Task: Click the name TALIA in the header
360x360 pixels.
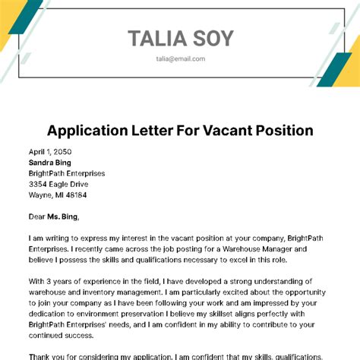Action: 156,38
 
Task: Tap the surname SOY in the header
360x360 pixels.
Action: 211,38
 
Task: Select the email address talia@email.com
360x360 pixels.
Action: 180,58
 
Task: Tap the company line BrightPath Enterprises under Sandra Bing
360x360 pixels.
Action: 67,173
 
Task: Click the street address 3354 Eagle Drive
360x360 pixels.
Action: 58,184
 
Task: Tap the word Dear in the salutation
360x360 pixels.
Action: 38,216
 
